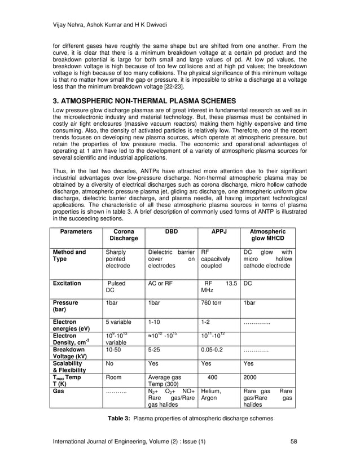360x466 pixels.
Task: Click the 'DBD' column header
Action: click(170, 231)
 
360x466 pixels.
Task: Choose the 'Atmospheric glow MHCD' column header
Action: click(268, 235)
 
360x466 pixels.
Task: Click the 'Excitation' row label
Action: click(67, 283)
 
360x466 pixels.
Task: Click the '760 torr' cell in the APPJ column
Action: click(213, 302)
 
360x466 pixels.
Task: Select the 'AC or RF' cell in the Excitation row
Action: click(160, 283)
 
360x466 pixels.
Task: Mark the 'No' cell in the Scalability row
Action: click(111, 364)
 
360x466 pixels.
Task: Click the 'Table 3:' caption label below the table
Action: click(120, 418)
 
